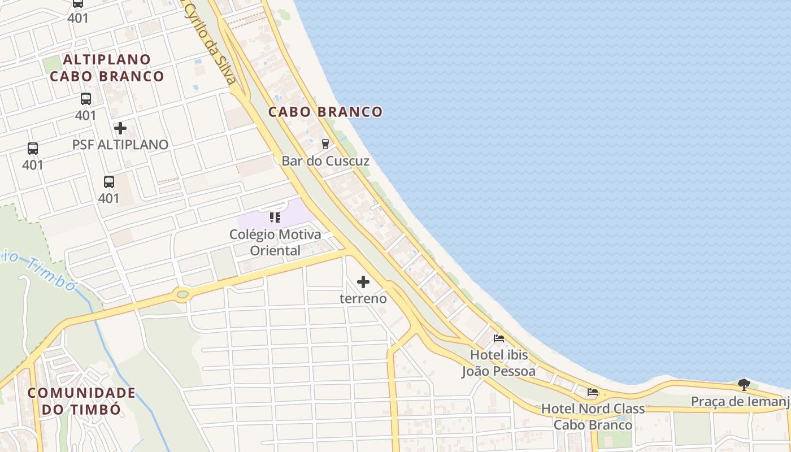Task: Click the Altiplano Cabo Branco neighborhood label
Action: pyautogui.click(x=107, y=68)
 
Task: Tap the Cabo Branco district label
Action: pyautogui.click(x=325, y=112)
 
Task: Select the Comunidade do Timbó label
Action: pyautogui.click(x=82, y=401)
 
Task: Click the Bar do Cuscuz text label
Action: pyautogui.click(x=325, y=161)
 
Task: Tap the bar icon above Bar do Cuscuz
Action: pyautogui.click(x=325, y=144)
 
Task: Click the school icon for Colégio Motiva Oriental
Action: pyautogui.click(x=275, y=218)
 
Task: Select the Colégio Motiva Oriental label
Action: pyautogui.click(x=275, y=242)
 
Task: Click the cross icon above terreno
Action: pyautogui.click(x=363, y=281)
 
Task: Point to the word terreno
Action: pyautogui.click(x=363, y=298)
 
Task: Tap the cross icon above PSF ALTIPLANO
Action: pyautogui.click(x=120, y=128)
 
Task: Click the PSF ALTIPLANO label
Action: pyautogui.click(x=120, y=145)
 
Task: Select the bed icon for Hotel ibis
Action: pyautogui.click(x=499, y=338)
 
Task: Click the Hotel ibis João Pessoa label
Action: pyautogui.click(x=499, y=363)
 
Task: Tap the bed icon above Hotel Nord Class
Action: pyautogui.click(x=593, y=392)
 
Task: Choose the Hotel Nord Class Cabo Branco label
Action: pyautogui.click(x=593, y=416)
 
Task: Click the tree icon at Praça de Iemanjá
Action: pyautogui.click(x=744, y=385)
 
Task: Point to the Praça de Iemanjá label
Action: pyautogui.click(x=740, y=402)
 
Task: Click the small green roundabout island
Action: pyautogui.click(x=182, y=294)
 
